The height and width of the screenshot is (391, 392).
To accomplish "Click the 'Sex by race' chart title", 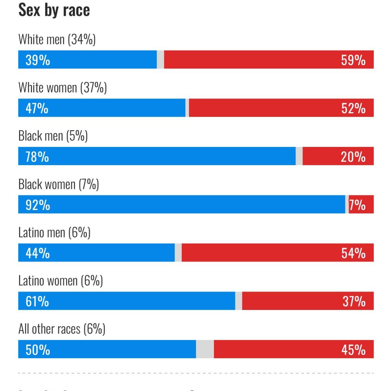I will (54, 10).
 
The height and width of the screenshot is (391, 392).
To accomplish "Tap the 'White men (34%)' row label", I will (57, 39).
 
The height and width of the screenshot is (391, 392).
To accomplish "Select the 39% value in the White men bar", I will (38, 60).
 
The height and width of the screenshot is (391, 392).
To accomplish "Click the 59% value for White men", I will (353, 60).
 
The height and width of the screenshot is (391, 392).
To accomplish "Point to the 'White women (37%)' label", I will (62, 88).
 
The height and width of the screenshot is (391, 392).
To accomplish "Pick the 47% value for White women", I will (37, 108).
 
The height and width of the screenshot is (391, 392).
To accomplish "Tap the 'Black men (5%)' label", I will (53, 136).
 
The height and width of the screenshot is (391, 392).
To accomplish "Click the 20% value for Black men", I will (353, 157).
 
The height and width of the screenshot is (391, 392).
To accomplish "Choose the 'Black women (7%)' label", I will (58, 184).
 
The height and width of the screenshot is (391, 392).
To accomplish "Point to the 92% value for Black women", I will (38, 205).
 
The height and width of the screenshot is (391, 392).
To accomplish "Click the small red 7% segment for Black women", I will (361, 205).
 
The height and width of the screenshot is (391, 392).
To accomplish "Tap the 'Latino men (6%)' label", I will (54, 233).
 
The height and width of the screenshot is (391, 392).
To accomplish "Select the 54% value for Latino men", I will (353, 253).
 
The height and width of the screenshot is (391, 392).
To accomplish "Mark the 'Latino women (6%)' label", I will (60, 281).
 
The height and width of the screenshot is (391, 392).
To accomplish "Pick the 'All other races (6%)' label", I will (62, 329).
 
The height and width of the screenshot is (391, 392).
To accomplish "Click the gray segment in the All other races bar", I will (205, 349).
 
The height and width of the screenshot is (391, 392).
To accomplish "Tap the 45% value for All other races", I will (353, 350).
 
